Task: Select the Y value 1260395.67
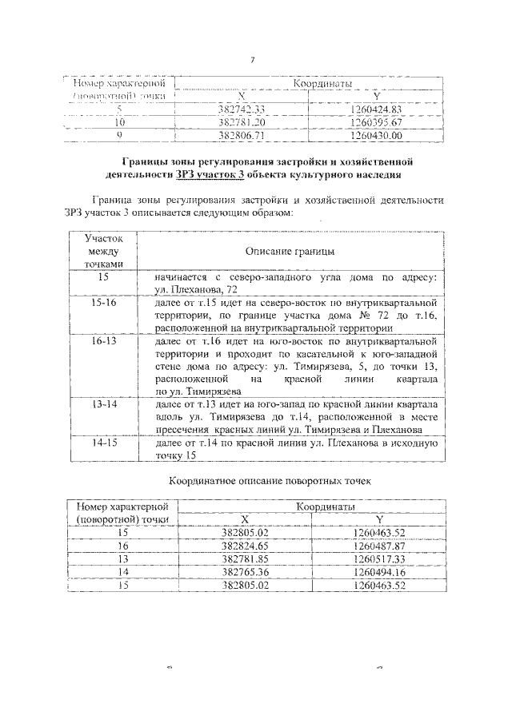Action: pos(376,123)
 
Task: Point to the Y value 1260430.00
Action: pos(376,136)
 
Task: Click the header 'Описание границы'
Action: pos(290,251)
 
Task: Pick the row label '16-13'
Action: pos(104,340)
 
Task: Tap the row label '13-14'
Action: pos(104,405)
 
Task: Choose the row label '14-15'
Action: pos(104,441)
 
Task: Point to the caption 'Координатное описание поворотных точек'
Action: pos(270,482)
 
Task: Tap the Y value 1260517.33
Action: pos(380,558)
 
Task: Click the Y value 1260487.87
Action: pos(380,546)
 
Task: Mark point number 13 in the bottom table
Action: pos(123,558)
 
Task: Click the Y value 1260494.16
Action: pos(380,571)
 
